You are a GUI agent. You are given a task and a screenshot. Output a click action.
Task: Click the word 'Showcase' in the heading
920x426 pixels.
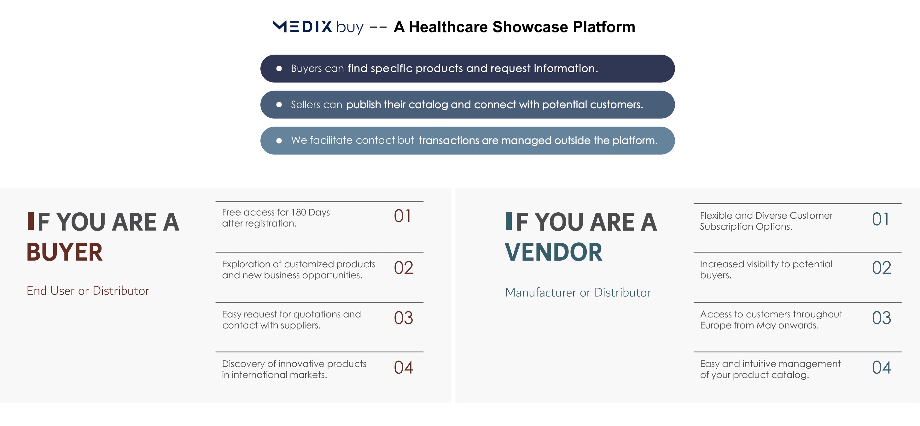[530, 27]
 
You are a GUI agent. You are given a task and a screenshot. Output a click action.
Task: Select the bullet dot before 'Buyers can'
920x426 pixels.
[279, 68]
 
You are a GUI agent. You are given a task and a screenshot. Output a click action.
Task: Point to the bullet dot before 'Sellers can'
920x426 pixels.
[279, 104]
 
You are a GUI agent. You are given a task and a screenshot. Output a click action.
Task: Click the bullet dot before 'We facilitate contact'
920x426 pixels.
[279, 140]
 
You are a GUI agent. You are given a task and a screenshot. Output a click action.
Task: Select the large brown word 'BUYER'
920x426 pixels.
[65, 252]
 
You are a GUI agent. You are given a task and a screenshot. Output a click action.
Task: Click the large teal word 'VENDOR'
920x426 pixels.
[554, 252]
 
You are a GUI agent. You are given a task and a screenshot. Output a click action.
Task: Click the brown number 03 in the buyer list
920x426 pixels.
[404, 318]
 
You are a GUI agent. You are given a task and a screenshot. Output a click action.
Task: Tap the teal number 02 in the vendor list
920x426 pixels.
[882, 268]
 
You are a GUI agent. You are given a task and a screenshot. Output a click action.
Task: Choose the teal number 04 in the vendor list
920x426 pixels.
[882, 367]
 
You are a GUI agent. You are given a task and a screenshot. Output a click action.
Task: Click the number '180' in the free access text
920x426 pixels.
[299, 212]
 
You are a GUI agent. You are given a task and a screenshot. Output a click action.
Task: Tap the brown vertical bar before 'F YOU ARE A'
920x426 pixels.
[30, 221]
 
